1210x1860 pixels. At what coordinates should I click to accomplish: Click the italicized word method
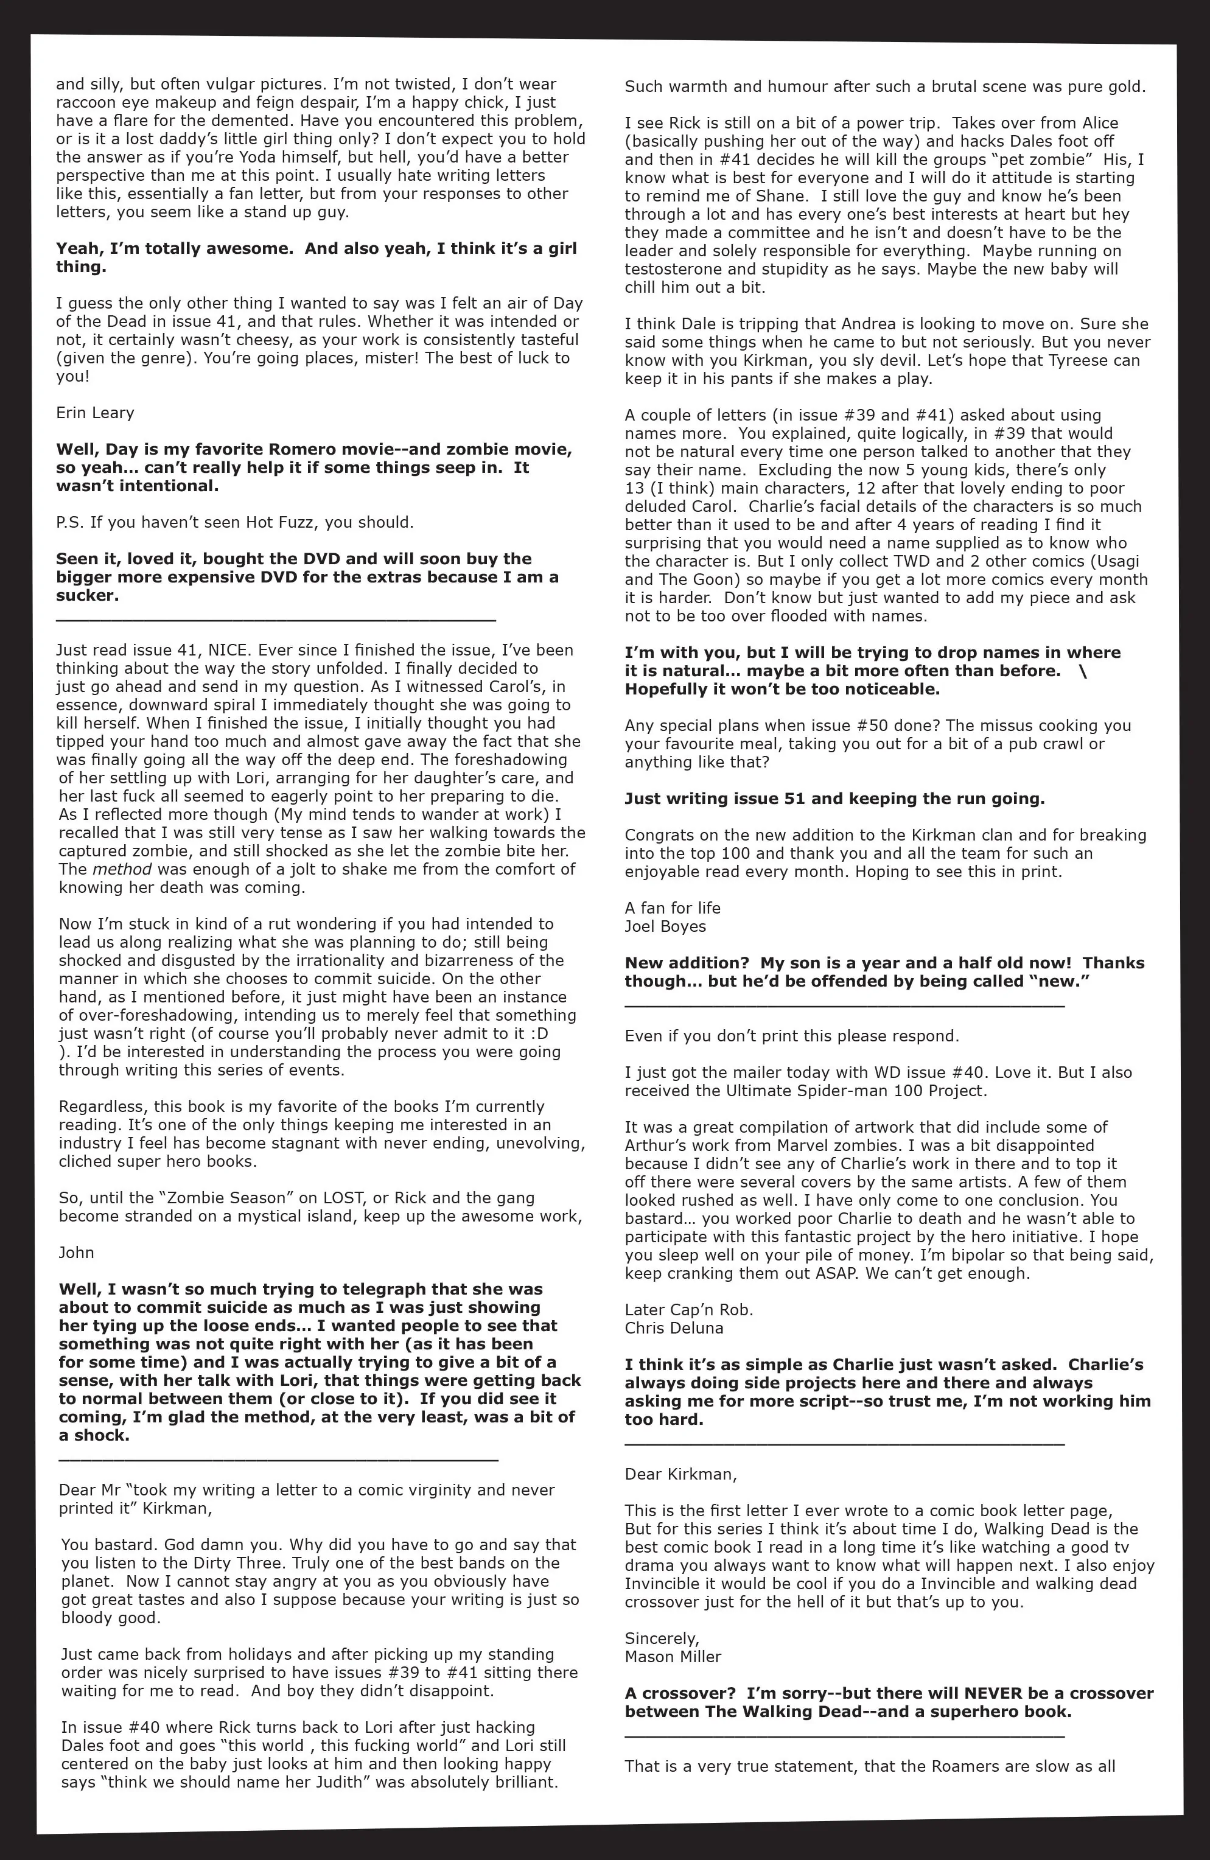coord(122,869)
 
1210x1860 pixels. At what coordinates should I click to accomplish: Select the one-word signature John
coord(76,1253)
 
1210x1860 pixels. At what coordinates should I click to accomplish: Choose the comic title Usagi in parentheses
coord(1125,561)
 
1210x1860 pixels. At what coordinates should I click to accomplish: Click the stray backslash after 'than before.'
coord(1082,671)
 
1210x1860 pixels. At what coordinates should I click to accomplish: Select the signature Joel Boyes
coord(665,926)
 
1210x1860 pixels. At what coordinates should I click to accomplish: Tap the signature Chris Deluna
coord(674,1328)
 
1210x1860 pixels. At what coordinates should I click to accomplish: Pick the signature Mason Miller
coord(673,1657)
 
